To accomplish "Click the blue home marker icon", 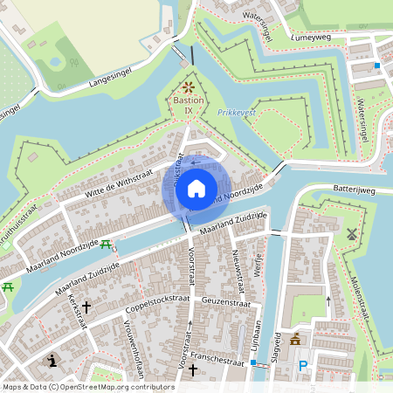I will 196,188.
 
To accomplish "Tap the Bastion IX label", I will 188,106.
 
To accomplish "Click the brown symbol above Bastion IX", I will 190,86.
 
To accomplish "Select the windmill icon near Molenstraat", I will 353,234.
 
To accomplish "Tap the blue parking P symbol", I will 303,367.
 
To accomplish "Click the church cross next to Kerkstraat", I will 86,308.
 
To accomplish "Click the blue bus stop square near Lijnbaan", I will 253,362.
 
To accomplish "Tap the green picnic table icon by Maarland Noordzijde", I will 106,245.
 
